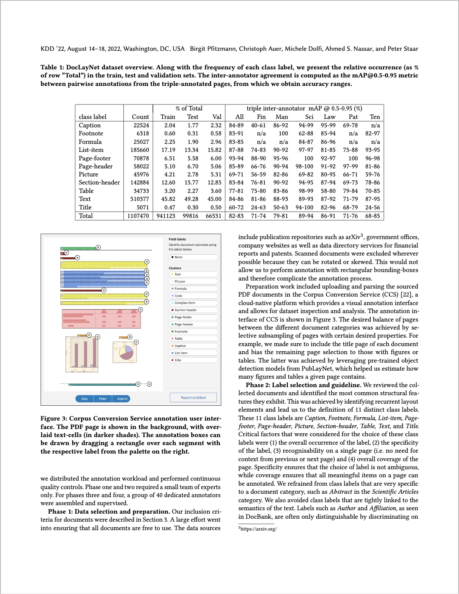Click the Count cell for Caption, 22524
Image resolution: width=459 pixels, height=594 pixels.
click(x=141, y=125)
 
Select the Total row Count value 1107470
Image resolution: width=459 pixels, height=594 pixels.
click(x=138, y=216)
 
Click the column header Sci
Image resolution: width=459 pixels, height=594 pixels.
click(x=309, y=117)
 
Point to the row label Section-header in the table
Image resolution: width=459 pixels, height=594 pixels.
click(x=99, y=182)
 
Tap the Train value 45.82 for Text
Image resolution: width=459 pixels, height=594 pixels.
click(x=168, y=199)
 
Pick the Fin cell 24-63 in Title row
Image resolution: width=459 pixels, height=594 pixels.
click(x=258, y=207)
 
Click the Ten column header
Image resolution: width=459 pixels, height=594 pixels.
click(x=374, y=117)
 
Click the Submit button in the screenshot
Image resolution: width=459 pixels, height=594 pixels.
click(x=122, y=399)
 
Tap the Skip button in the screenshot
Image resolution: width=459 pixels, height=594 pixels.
click(x=85, y=399)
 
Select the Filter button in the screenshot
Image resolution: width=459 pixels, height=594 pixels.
click(x=103, y=399)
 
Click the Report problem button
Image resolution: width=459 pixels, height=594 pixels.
click(x=193, y=397)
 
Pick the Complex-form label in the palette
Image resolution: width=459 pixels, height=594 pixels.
click(x=185, y=303)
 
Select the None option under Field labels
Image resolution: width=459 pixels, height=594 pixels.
click(x=178, y=257)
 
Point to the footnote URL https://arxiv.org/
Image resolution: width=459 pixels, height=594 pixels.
click(x=258, y=529)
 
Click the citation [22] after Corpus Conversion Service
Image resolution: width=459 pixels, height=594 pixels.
click(x=407, y=295)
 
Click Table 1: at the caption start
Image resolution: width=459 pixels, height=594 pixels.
click(x=52, y=67)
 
